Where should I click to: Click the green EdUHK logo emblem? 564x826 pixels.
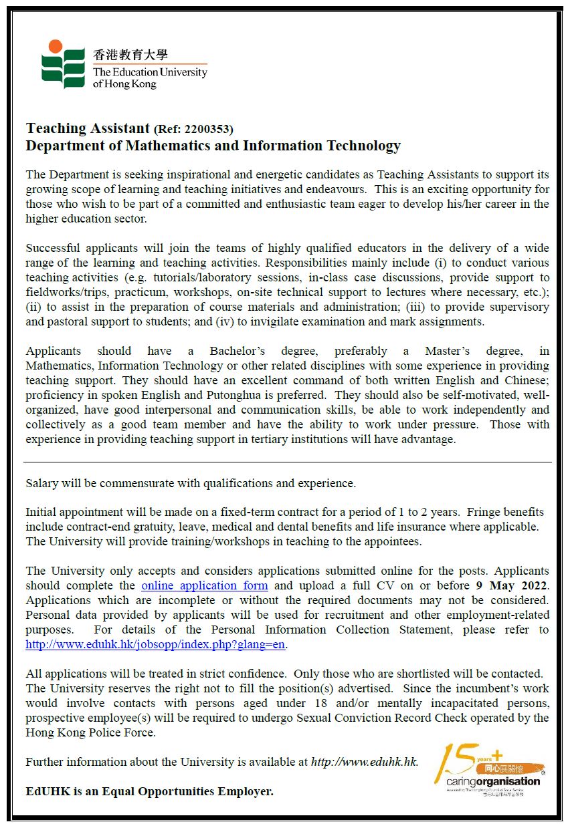coord(63,64)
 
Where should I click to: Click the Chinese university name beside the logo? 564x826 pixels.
coord(130,55)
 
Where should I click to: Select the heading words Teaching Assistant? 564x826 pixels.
coord(88,128)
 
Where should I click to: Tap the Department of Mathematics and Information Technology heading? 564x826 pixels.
coord(213,146)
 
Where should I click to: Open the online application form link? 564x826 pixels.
coord(205,585)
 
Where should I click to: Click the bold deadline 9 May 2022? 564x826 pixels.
coord(512,585)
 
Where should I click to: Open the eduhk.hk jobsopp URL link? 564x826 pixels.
coord(156,644)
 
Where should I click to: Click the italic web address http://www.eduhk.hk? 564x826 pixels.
coord(365,762)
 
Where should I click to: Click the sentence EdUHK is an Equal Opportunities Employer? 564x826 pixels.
coord(150,791)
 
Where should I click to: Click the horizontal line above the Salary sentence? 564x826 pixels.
coord(288,462)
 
